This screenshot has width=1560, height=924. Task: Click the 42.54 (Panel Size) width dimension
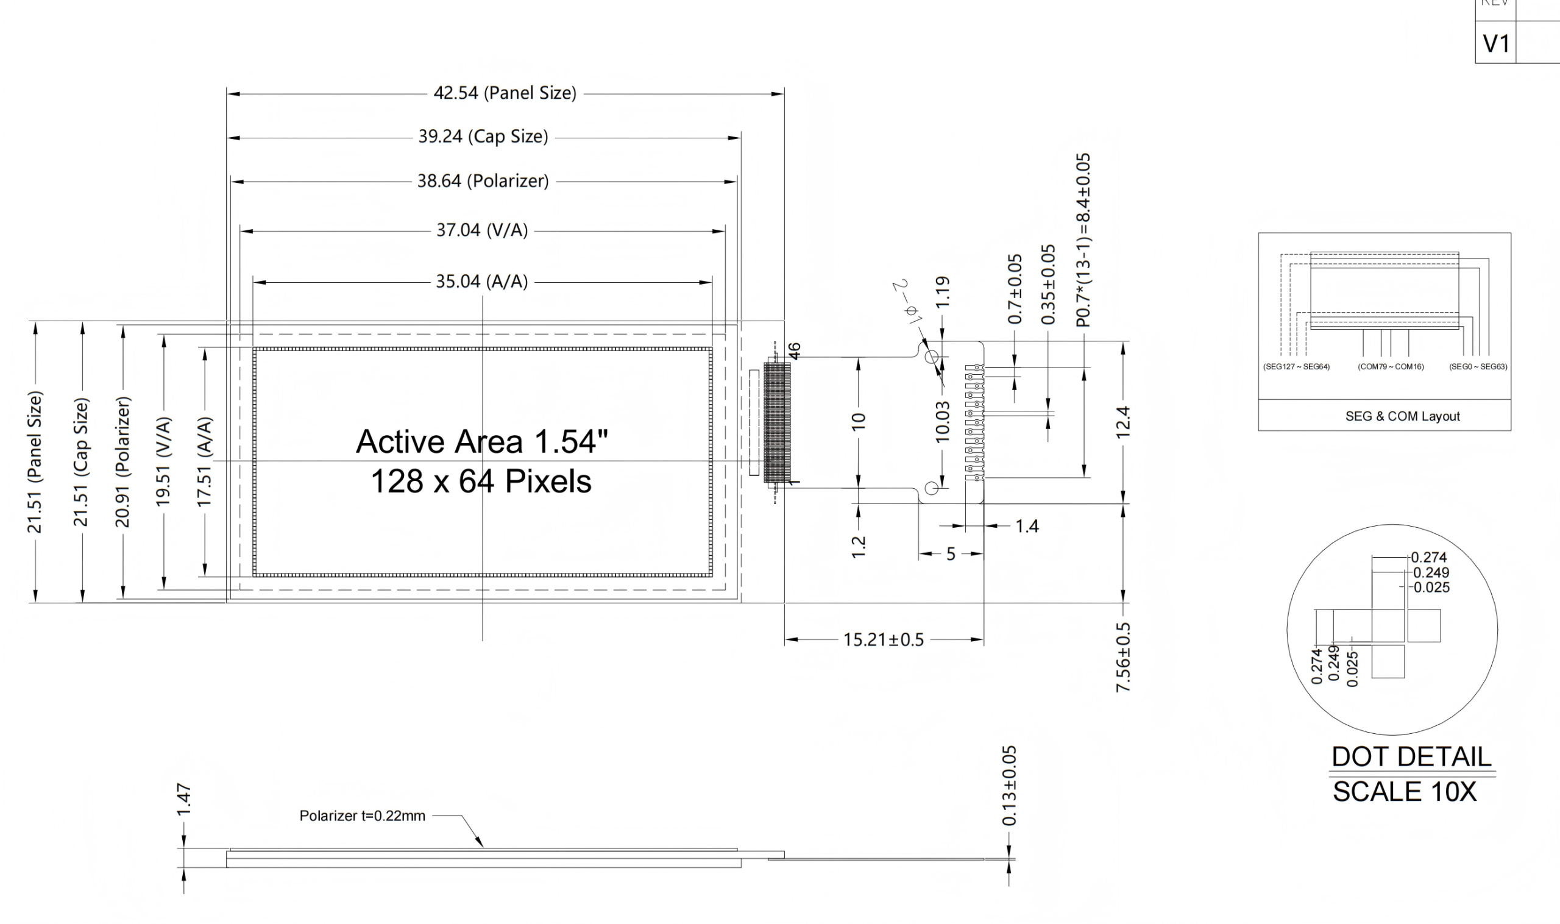point(505,93)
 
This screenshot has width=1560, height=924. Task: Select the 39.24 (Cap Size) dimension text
point(483,137)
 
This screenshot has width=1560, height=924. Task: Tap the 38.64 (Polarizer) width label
point(483,181)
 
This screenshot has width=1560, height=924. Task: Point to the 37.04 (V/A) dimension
point(482,231)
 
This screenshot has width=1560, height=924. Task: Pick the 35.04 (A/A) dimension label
point(482,282)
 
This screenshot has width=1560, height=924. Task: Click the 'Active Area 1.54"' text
point(482,441)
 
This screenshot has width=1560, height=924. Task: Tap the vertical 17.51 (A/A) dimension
point(205,461)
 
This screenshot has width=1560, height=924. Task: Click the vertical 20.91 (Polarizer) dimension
point(122,461)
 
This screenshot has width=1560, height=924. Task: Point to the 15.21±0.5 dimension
point(884,639)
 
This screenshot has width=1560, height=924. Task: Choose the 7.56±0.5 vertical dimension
point(1124,657)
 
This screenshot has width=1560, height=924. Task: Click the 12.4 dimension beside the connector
point(1124,422)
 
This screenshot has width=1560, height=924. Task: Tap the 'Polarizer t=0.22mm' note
point(363,816)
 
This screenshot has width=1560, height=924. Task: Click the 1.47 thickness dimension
point(183,800)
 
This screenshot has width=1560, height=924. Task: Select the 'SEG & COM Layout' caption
point(1403,416)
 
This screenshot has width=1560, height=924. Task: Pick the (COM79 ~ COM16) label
point(1391,367)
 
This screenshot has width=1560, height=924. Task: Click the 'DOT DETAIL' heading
point(1411,756)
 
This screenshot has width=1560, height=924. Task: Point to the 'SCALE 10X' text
point(1405,791)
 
